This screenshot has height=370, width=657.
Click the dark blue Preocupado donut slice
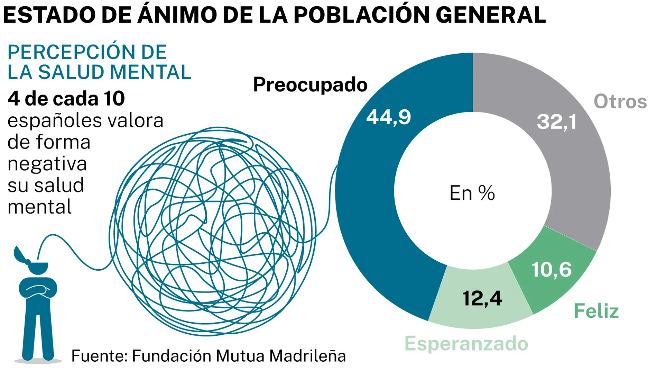(367, 208)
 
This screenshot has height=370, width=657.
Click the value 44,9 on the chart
(388, 117)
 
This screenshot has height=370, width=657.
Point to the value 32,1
(556, 122)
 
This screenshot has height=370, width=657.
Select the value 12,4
(482, 298)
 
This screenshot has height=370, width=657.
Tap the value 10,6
(551, 269)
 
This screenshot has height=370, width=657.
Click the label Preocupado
(310, 84)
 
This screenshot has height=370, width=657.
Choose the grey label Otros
(620, 101)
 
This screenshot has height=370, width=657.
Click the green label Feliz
(596, 310)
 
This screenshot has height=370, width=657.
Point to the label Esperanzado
(466, 343)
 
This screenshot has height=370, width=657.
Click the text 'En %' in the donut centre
(472, 193)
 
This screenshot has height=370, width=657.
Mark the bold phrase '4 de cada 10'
(66, 99)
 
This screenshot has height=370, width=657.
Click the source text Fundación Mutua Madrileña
(239, 355)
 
